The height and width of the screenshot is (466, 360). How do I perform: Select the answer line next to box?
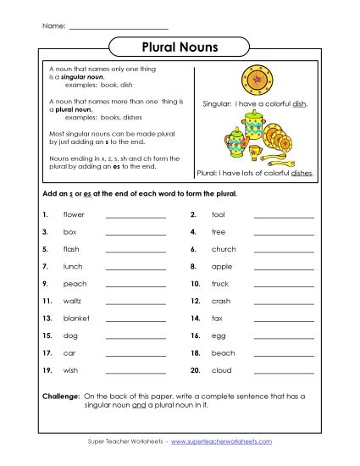[136, 232]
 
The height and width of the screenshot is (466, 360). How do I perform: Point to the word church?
[224, 249]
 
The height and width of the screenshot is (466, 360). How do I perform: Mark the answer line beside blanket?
[136, 319]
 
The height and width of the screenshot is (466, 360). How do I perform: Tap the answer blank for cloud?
[284, 370]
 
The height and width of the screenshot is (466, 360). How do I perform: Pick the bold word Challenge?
[60, 397]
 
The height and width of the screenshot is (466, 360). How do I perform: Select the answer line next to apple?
[284, 267]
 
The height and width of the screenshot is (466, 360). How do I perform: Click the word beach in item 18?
[223, 352]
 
